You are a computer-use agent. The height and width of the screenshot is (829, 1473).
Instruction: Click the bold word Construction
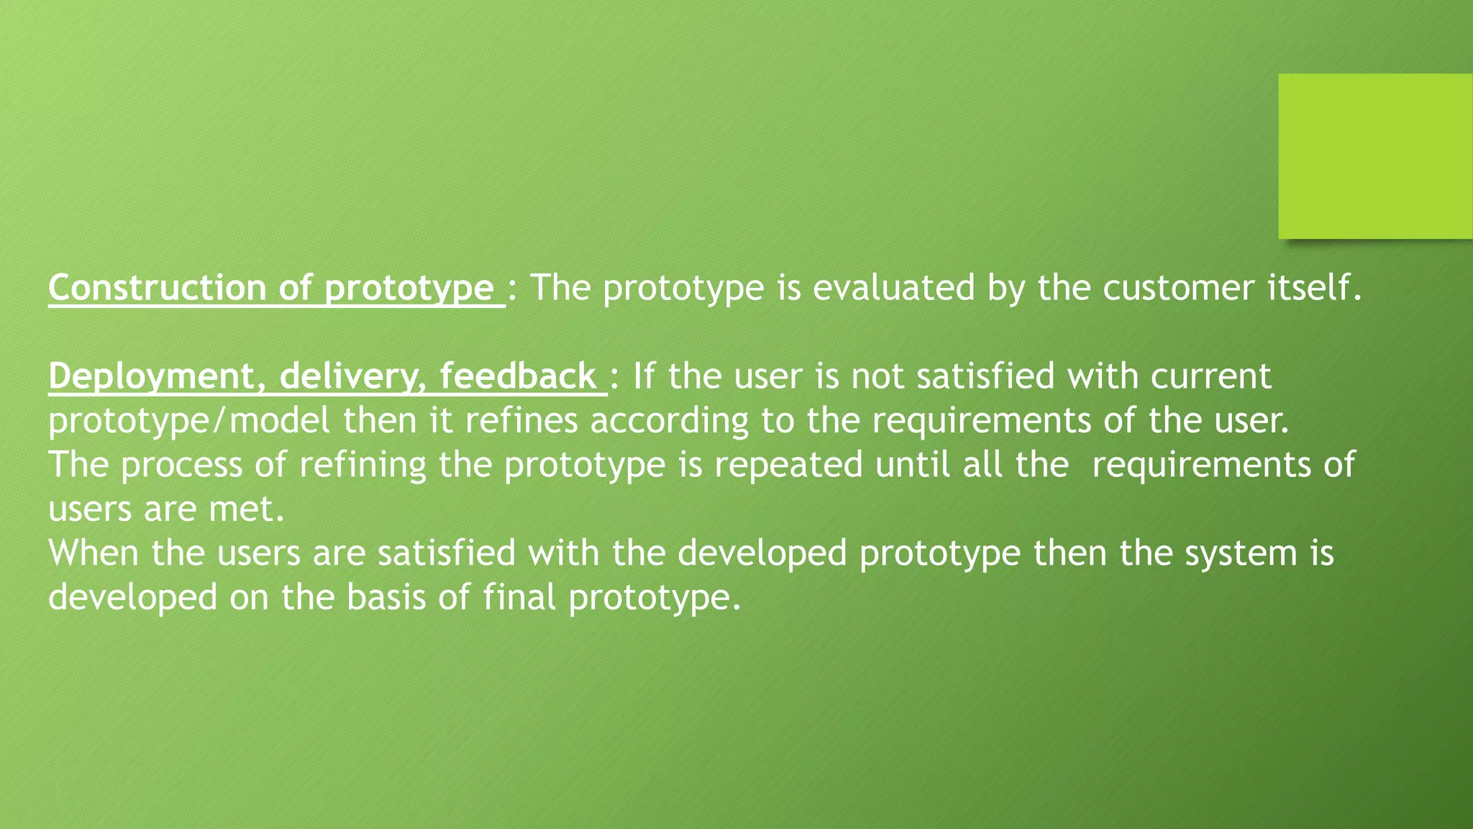[158, 288]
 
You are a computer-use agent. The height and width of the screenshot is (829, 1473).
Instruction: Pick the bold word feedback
[518, 376]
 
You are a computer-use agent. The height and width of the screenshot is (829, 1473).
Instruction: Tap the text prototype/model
[189, 422]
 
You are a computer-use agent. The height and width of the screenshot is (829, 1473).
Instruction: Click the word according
[670, 422]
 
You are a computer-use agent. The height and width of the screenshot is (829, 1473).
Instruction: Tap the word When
[94, 553]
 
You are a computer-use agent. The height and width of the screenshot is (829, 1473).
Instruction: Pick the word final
[519, 597]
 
